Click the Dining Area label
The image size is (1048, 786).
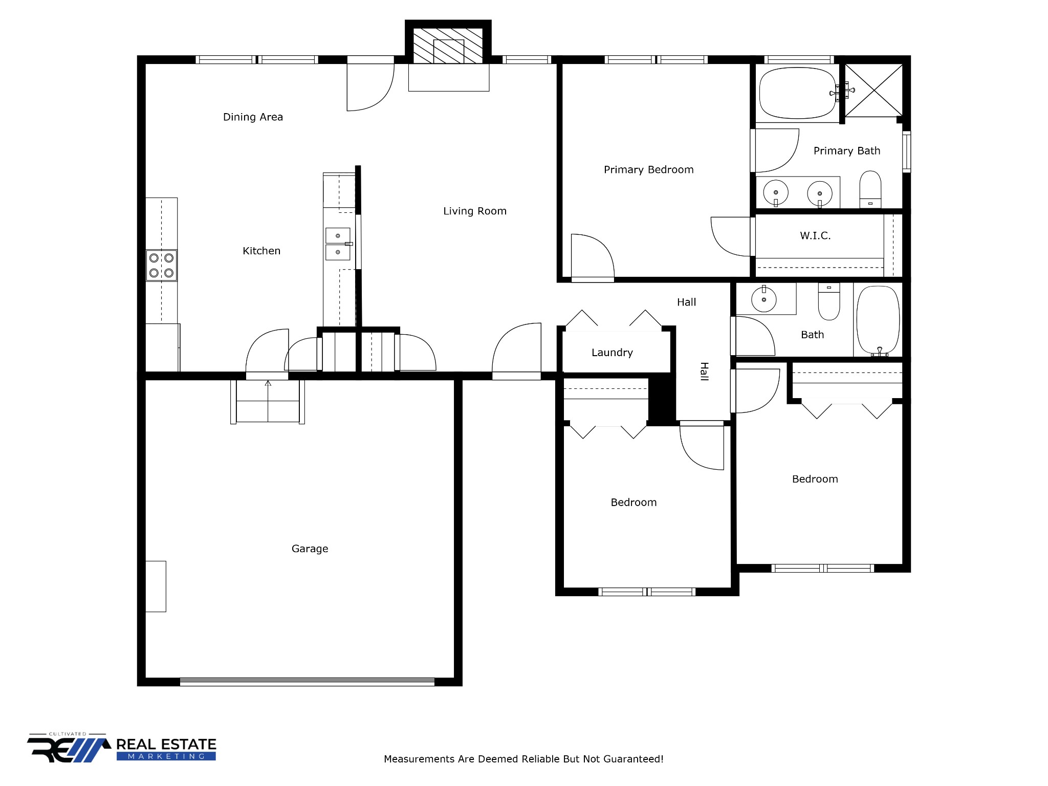pos(253,117)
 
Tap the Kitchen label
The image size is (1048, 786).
pos(261,251)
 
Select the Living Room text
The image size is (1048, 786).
pos(475,211)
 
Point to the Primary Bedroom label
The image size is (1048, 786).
pos(649,170)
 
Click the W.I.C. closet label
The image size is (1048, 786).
pos(815,235)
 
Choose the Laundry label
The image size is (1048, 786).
pos(612,353)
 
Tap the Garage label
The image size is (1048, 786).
pos(310,549)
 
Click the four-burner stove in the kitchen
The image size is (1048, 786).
pos(162,265)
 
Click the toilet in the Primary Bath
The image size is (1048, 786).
pos(870,189)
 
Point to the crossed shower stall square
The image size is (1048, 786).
pos(874,90)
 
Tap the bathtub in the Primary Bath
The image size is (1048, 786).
pos(798,93)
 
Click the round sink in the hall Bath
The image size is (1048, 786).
pos(764,299)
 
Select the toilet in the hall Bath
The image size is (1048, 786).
pos(829,301)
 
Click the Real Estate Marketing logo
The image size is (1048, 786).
pos(122,748)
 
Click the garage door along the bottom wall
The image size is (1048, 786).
pos(307,682)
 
